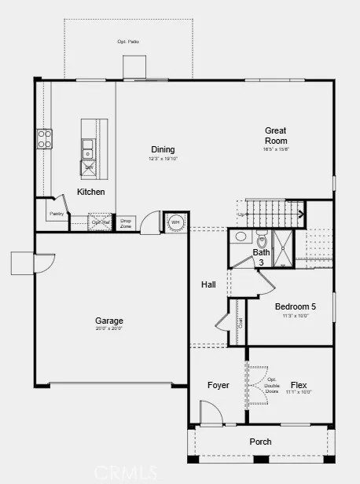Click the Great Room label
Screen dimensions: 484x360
tap(275, 135)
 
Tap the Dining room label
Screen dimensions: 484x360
tap(163, 149)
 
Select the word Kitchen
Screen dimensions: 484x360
tap(90, 192)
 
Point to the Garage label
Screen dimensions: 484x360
tap(109, 321)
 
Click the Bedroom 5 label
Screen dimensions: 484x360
tap(296, 306)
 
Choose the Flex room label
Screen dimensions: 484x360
tap(299, 385)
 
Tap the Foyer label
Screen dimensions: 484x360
tap(218, 385)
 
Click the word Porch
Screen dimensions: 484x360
tap(260, 442)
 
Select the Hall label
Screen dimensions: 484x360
tap(208, 284)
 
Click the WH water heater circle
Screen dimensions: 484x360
tap(175, 222)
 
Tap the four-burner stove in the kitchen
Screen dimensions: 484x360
tap(45, 139)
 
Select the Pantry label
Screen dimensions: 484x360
tap(56, 213)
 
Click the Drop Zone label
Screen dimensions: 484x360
tap(126, 223)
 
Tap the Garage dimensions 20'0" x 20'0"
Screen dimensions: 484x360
tap(109, 329)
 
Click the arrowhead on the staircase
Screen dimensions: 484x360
tap(301, 213)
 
